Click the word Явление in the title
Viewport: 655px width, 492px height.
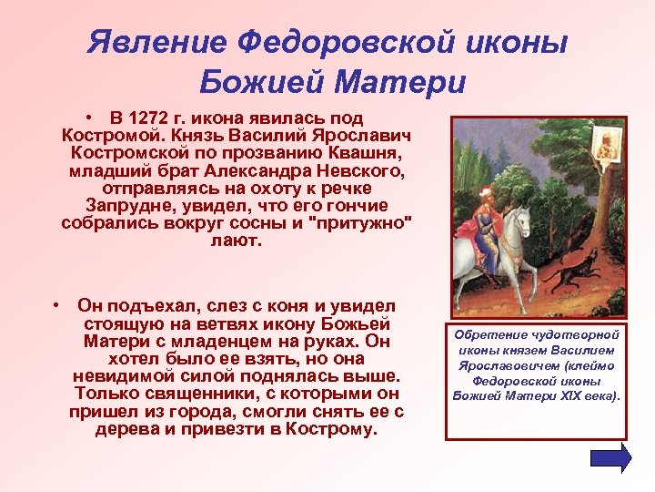pos(155,43)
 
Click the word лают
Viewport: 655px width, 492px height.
pos(235,240)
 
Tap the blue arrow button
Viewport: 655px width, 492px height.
pos(610,458)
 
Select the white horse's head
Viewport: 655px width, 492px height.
pos(522,220)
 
